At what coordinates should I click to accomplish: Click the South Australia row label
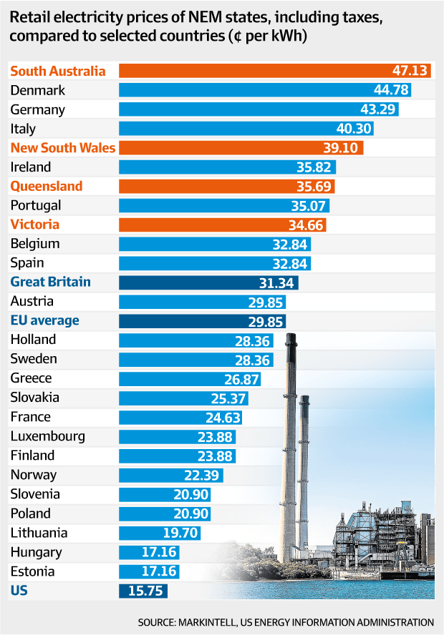tap(58, 71)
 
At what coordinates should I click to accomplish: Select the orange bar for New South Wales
tap(241, 148)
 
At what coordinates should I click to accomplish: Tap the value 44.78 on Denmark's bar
tap(392, 90)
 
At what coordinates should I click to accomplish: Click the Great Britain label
tap(51, 282)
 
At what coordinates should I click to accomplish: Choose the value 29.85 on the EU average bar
tap(266, 321)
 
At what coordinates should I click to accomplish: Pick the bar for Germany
tap(259, 109)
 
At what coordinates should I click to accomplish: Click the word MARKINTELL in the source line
tap(236, 622)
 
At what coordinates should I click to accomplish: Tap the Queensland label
tap(47, 186)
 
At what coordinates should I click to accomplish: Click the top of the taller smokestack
tap(291, 338)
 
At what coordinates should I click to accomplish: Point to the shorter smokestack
tap(304, 443)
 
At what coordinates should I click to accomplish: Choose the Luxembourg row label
tap(48, 436)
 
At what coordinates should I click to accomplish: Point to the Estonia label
tap(33, 571)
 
